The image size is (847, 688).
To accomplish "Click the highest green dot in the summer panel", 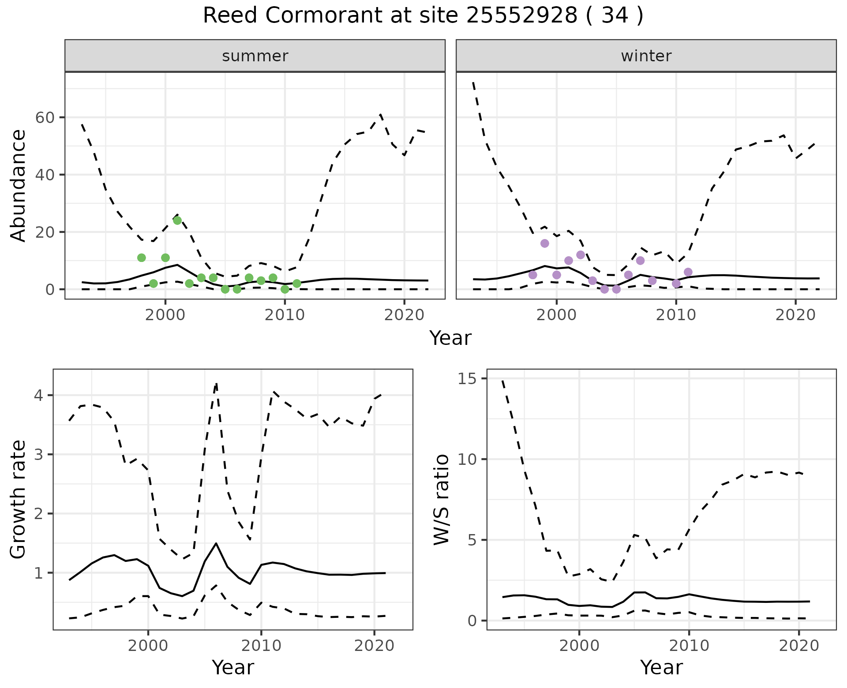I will pyautogui.click(x=177, y=221).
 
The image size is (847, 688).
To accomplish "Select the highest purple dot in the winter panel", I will pyautogui.click(x=545, y=243).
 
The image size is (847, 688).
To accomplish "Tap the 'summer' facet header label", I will pyautogui.click(x=255, y=56).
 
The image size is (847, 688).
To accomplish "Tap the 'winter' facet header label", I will pyautogui.click(x=646, y=56).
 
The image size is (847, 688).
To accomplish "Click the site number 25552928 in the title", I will pyautogui.click(x=521, y=16).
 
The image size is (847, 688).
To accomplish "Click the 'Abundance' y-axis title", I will pyautogui.click(x=19, y=185).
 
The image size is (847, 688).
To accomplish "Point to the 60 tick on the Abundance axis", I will pyautogui.click(x=48, y=118).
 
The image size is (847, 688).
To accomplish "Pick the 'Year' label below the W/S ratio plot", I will pyautogui.click(x=661, y=668).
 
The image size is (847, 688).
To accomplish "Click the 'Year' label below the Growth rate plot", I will pyautogui.click(x=233, y=668).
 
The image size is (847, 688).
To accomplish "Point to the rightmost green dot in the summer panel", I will pyautogui.click(x=297, y=284).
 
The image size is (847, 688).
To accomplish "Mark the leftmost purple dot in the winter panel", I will pyautogui.click(x=533, y=275).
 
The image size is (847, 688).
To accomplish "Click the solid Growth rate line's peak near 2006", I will pyautogui.click(x=216, y=543).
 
